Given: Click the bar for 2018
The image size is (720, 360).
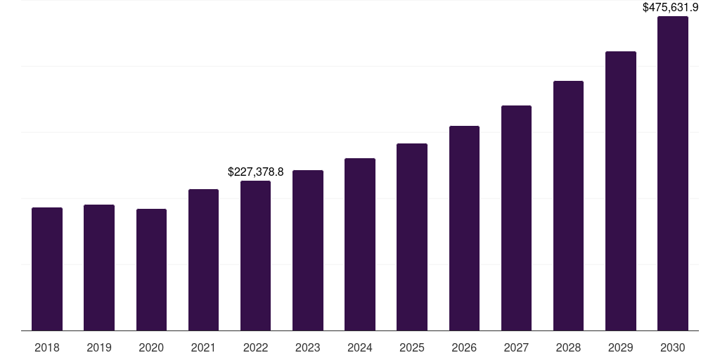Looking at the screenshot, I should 47,269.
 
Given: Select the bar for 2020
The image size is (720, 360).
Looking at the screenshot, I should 151,270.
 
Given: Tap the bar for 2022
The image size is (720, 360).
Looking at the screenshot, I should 255,256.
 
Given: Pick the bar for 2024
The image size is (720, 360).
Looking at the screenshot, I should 360,245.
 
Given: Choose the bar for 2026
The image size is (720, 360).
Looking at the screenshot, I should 464,229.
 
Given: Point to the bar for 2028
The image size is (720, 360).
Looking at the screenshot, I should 568,206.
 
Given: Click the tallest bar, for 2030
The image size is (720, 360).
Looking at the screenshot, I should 673,174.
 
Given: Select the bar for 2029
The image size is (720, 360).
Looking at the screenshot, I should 621,191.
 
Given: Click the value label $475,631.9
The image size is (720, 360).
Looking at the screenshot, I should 671,8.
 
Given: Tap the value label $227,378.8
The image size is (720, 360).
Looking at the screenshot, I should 256,172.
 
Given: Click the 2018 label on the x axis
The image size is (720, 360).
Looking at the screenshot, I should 47,347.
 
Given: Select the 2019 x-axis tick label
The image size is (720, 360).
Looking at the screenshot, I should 99,347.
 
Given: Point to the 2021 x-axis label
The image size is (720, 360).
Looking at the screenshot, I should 203,347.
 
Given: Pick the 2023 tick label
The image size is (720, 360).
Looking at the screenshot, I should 308,347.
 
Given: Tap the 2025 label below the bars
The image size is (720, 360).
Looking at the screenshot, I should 412,347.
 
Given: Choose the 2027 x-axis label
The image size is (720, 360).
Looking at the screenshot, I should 516,347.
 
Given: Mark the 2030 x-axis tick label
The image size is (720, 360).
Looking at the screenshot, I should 673,347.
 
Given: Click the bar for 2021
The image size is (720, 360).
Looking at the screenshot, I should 203,260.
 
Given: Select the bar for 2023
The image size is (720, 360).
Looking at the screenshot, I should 308,250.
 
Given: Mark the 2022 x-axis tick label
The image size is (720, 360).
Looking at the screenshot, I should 255,347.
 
